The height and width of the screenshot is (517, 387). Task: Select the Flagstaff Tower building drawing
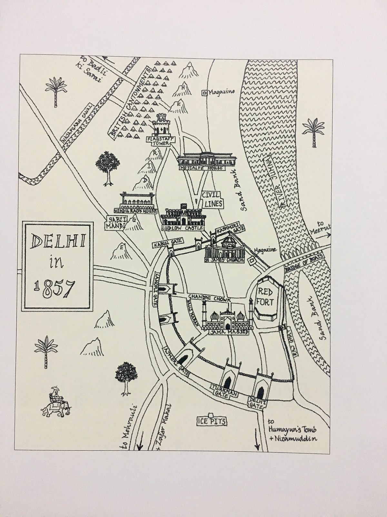click(161, 125)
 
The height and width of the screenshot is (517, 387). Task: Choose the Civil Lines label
click(212, 199)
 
